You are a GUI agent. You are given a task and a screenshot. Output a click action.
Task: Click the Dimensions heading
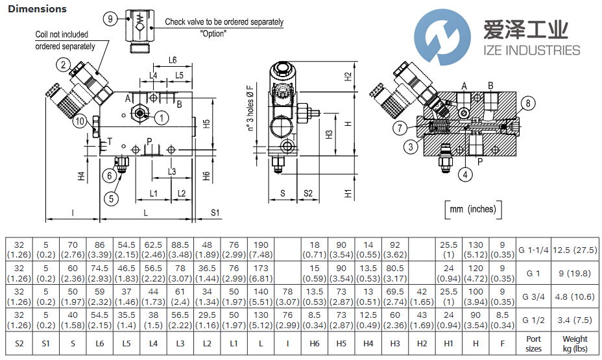(x=37, y=9)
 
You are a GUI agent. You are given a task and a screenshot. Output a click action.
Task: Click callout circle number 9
(x=111, y=19)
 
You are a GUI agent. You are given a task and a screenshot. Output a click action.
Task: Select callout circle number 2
(x=63, y=64)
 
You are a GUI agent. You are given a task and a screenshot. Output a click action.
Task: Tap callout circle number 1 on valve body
(x=161, y=117)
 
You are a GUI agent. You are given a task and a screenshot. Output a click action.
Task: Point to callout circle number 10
(x=79, y=121)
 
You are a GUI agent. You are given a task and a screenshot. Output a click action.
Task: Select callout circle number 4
(x=464, y=173)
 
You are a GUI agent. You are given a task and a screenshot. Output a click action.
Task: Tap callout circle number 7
(x=400, y=128)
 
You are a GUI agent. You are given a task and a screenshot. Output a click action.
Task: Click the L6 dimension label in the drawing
(x=172, y=60)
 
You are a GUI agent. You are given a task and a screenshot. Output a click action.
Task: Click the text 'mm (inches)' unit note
(x=472, y=209)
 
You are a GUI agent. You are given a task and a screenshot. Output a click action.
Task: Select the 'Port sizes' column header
(x=533, y=343)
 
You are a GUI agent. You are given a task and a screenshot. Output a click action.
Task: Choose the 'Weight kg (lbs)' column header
(x=574, y=343)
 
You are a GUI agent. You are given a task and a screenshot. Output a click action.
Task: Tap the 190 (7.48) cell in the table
(x=261, y=250)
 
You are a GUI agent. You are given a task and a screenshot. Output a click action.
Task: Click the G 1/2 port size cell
(x=533, y=320)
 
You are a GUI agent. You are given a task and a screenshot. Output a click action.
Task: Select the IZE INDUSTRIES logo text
(x=531, y=50)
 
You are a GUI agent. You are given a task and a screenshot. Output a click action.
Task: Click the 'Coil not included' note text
(x=62, y=34)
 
